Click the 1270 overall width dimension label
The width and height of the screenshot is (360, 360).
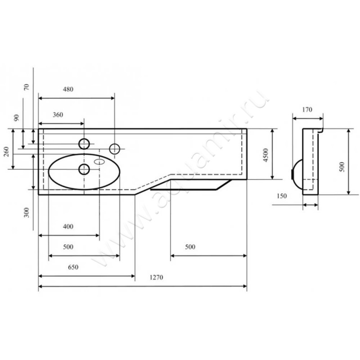click(x=156, y=277)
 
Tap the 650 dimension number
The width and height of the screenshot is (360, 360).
click(x=73, y=267)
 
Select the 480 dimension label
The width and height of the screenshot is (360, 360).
click(x=68, y=89)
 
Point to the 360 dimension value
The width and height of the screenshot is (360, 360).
click(x=58, y=115)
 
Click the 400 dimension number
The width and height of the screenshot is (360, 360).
click(x=68, y=226)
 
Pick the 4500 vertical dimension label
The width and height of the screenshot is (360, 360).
click(x=265, y=155)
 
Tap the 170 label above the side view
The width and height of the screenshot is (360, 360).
click(x=307, y=109)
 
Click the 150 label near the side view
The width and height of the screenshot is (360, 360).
click(x=282, y=196)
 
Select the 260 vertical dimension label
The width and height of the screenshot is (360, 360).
click(x=6, y=152)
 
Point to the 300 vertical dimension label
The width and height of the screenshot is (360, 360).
click(x=27, y=212)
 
